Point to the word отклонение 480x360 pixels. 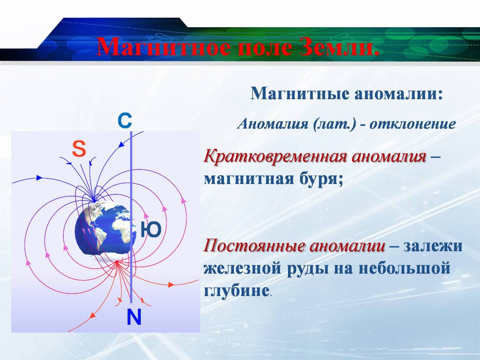click(412, 124)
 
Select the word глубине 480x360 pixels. click(236, 290)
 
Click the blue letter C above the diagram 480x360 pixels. click(125, 121)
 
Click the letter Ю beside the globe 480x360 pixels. click(150, 230)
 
